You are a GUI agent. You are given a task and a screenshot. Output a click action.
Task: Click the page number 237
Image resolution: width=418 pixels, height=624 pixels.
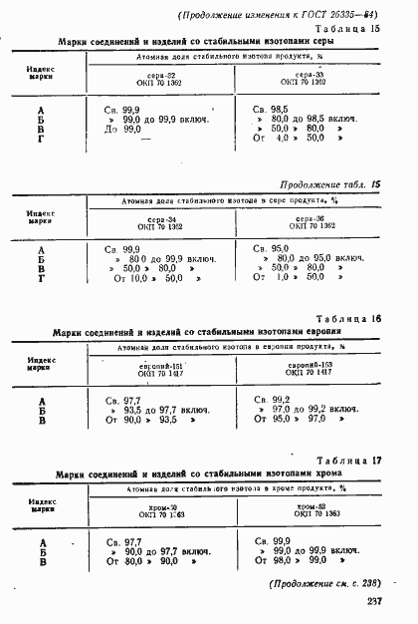[x=374, y=600]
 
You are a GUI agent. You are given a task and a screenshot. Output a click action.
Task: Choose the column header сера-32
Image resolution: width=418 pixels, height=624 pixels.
[x=162, y=76]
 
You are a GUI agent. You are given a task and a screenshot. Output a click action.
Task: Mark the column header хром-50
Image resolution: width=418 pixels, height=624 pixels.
[x=162, y=507]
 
